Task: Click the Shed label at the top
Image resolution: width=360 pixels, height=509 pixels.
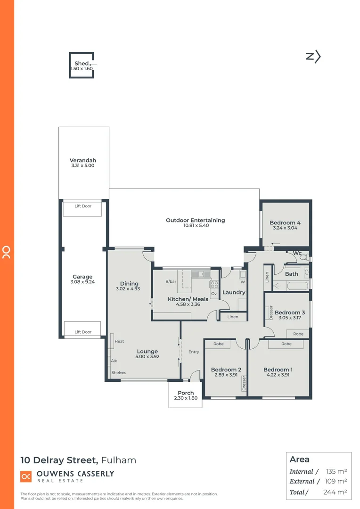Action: [81, 63]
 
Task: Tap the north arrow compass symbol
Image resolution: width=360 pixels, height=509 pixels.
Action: [313, 57]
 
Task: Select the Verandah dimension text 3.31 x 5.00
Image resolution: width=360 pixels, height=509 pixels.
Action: [83, 166]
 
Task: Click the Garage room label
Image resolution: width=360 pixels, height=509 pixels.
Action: [82, 277]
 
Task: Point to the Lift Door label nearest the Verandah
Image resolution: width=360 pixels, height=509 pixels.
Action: [83, 206]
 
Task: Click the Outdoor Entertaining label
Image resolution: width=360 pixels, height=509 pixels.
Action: [195, 220]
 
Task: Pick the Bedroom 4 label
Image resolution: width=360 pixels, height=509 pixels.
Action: [285, 222]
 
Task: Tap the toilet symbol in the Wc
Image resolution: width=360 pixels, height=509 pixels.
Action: [304, 258]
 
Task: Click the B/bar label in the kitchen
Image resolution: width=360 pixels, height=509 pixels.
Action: [171, 282]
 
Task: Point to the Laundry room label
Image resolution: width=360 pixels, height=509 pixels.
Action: [234, 292]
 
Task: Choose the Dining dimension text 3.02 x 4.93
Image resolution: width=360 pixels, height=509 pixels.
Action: [129, 289]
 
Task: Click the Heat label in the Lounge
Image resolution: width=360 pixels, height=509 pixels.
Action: [119, 341]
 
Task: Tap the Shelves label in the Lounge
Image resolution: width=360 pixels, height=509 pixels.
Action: [119, 372]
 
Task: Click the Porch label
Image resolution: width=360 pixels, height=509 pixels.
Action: [186, 393]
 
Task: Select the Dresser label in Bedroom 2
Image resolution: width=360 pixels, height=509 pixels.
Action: [244, 383]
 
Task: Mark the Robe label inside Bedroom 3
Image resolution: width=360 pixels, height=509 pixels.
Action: [298, 334]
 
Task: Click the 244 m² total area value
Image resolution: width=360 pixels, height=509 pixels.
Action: [336, 492]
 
